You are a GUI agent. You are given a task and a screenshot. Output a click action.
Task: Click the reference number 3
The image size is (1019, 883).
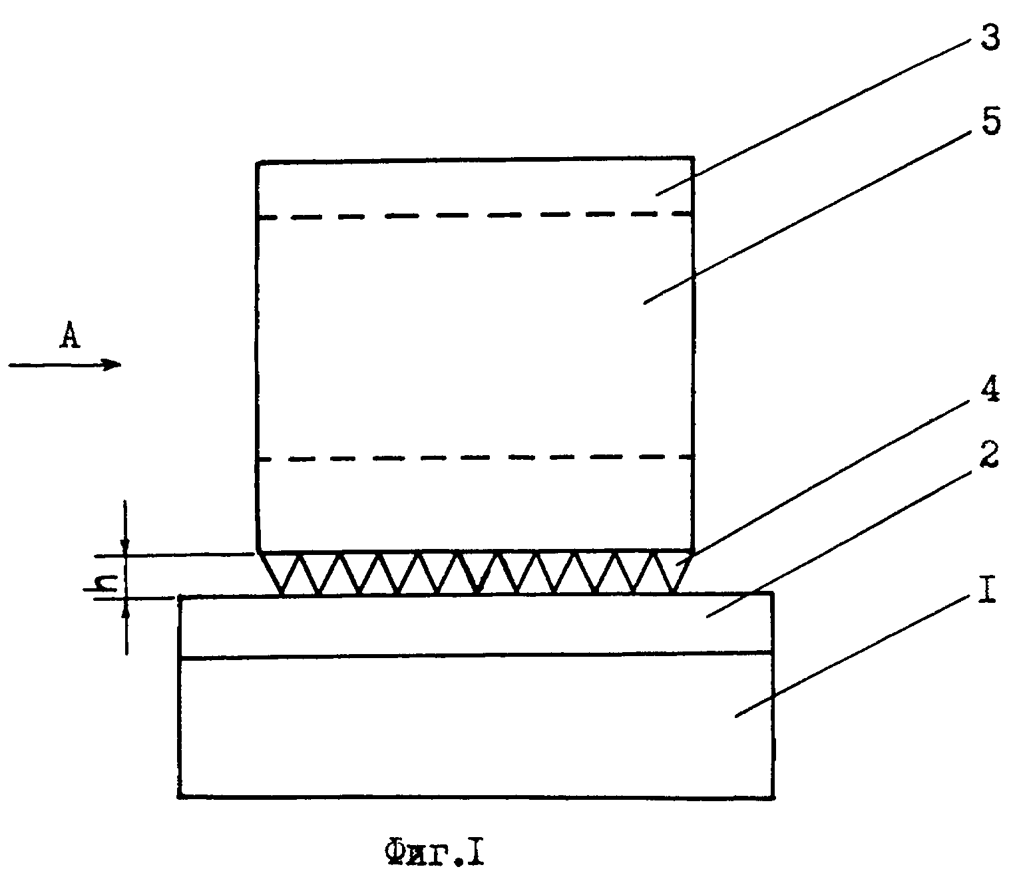(990, 37)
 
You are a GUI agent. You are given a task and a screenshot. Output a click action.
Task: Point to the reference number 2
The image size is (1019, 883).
(988, 454)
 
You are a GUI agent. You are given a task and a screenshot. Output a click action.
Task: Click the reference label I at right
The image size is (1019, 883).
(988, 589)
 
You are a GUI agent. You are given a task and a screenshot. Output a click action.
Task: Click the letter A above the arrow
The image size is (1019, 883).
(69, 336)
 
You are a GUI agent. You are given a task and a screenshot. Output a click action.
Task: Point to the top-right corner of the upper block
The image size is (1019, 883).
(693, 158)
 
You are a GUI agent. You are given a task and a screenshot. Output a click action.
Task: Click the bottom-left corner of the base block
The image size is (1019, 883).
(180, 796)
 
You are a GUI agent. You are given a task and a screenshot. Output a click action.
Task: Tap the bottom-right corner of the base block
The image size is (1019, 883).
(773, 796)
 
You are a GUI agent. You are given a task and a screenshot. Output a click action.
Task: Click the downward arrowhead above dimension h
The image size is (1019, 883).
(126, 546)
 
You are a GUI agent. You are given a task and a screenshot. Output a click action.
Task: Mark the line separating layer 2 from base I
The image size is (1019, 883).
(476, 656)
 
